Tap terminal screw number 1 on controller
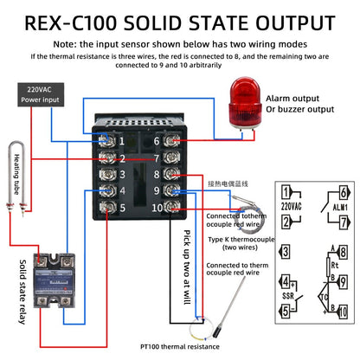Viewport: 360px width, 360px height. pos(108,141)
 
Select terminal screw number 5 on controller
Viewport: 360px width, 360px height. pos(108,208)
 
